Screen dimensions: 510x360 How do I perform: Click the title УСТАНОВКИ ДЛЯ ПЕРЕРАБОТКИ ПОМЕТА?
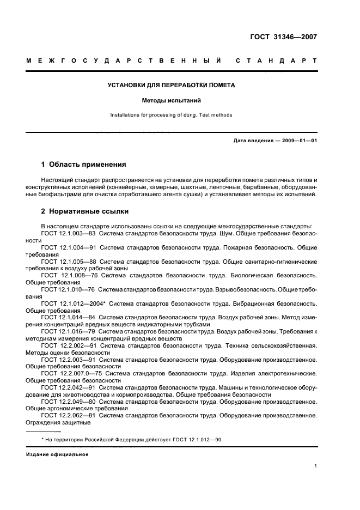tap(171, 85)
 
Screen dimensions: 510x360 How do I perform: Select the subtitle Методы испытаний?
tap(171, 101)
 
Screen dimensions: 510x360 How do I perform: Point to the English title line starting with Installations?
tap(171, 115)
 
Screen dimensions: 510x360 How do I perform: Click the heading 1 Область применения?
tap(84, 163)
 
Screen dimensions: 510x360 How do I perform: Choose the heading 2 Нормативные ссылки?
tap(85, 211)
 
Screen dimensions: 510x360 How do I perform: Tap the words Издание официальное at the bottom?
tap(57, 454)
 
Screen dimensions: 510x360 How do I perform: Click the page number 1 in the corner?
tap(316, 466)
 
